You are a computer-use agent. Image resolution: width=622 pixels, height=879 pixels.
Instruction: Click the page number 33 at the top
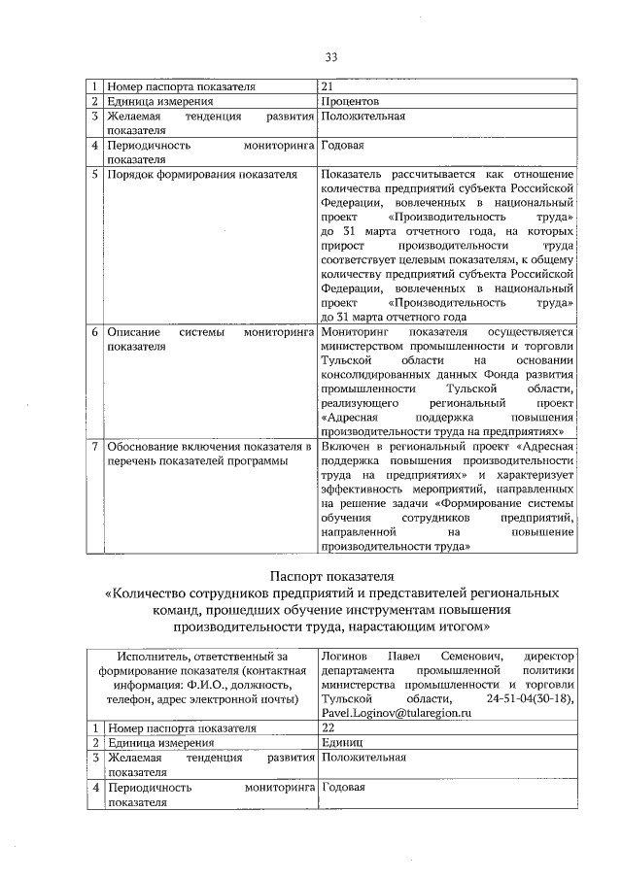coord(330,57)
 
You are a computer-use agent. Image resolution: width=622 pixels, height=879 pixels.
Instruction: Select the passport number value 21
coord(327,86)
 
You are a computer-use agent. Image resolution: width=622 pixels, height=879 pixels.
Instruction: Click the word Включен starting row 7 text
coord(345,446)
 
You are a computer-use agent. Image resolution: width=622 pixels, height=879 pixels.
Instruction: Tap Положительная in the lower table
coord(363,757)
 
